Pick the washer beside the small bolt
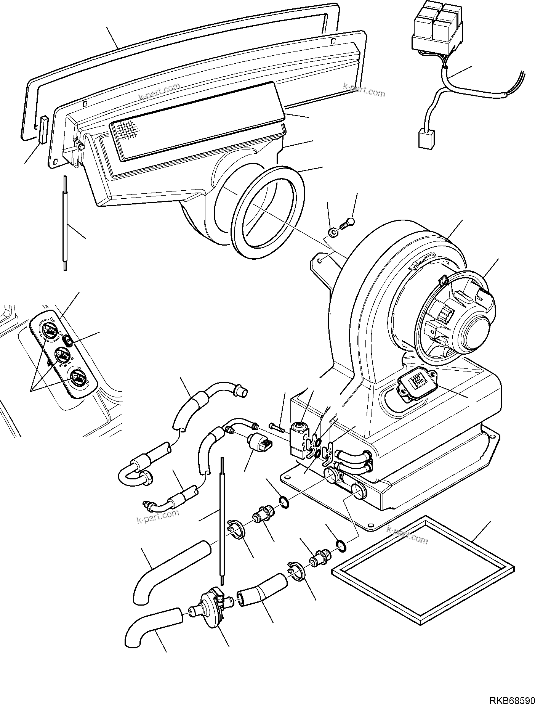pos(333,233)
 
